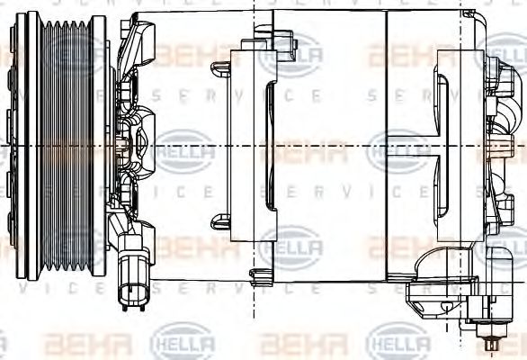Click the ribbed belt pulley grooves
click(67, 144)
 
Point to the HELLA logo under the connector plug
click(185, 343)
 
